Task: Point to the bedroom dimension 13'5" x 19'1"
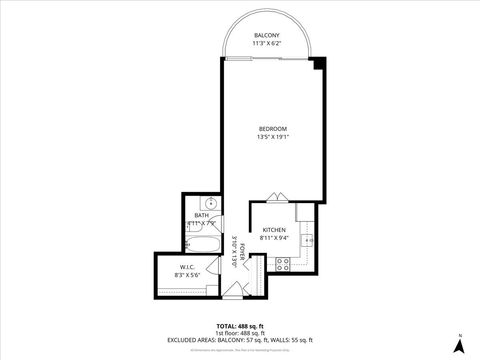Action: click(273, 137)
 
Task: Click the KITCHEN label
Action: click(274, 230)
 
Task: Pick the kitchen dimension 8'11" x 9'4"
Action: click(274, 238)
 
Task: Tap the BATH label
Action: click(202, 215)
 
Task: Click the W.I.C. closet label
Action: click(188, 267)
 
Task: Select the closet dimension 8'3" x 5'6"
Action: click(189, 275)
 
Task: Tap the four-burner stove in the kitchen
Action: click(282, 264)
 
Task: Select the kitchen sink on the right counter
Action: click(311, 241)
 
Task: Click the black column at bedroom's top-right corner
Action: click(319, 63)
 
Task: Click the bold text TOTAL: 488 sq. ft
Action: click(240, 326)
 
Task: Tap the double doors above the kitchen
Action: click(278, 198)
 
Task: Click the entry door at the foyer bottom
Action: click(233, 291)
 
